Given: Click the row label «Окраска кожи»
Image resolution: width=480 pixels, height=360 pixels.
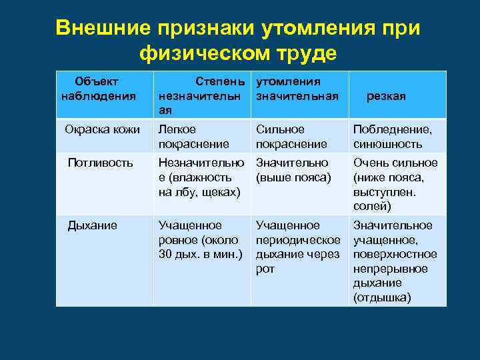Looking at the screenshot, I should coord(102,129).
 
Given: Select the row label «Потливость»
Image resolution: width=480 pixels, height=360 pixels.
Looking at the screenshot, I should coord(101,162).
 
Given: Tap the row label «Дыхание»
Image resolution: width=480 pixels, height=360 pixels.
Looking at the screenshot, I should coord(93,225).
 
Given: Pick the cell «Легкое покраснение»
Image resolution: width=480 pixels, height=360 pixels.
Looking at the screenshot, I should coord(193,136).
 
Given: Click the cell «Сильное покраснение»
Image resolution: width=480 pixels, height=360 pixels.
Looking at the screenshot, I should coord(291,136).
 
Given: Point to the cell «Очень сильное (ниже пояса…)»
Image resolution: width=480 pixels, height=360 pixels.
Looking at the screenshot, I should coord(395,185).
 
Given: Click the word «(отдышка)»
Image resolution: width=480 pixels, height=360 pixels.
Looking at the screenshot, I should coord(382,297).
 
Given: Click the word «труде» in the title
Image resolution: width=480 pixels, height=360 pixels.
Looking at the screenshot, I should coord(306,53).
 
